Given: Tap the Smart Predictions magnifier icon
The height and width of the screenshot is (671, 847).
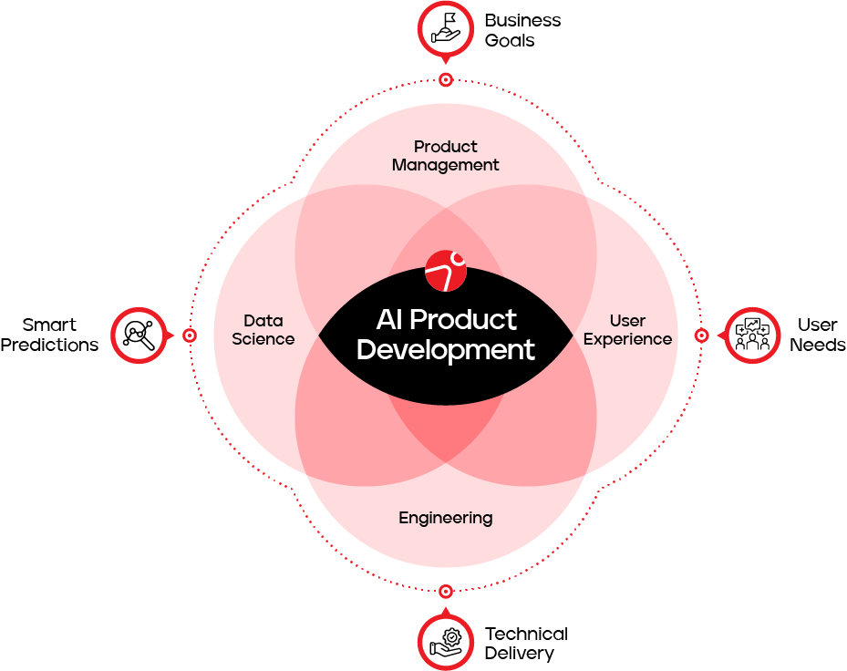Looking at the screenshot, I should (139, 335).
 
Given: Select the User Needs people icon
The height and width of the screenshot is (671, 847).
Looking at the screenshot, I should (752, 335).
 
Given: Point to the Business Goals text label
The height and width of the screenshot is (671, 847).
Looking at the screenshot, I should (522, 30).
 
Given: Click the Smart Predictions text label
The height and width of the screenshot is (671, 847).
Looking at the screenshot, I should (49, 335).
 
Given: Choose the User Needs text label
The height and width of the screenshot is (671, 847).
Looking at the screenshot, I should (817, 335).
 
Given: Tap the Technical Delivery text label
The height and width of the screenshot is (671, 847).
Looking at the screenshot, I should (526, 643).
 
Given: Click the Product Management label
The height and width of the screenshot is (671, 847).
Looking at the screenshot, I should (446, 156).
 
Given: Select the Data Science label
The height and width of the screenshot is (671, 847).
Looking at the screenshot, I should (263, 330).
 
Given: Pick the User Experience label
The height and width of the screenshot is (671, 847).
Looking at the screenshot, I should (627, 330).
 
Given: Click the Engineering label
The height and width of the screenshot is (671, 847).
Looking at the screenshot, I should (445, 518).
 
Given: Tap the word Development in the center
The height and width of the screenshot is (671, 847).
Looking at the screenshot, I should (445, 350).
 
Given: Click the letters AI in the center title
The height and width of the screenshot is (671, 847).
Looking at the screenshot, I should (389, 320).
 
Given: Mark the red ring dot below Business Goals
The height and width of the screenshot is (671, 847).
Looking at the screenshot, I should (446, 80).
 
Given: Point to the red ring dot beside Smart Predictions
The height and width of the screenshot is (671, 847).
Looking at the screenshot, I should (190, 335).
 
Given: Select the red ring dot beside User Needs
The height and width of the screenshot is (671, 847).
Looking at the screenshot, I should (701, 335).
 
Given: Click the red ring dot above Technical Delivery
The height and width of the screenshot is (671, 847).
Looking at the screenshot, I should (446, 591).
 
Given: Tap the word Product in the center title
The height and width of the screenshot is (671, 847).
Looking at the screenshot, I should (463, 320).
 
